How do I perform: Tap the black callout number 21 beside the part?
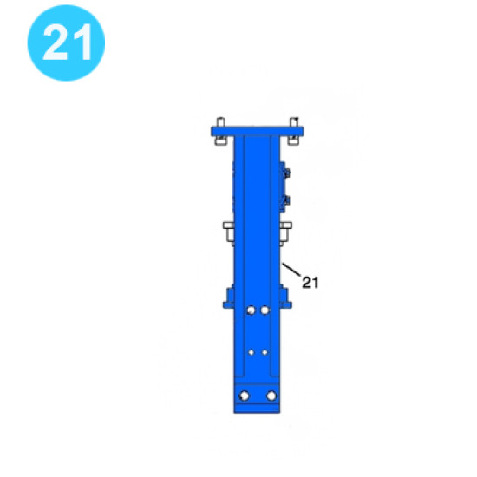click(310, 281)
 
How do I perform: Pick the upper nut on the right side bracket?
click(288, 173)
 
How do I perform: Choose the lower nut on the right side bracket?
click(288, 202)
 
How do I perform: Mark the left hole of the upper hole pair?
click(250, 310)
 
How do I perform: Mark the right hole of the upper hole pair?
click(265, 310)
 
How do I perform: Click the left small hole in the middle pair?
click(250, 352)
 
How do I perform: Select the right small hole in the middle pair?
click(264, 352)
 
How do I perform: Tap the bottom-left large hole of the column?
click(244, 395)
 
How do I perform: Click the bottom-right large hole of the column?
click(271, 395)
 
